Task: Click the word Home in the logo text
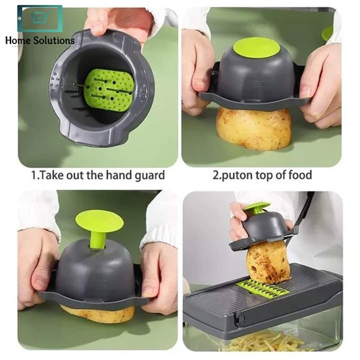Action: coord(17,40)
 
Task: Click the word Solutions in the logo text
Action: coord(54,40)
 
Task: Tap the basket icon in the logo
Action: coord(40,18)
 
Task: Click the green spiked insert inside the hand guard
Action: coord(109,90)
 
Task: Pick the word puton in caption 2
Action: coord(237,176)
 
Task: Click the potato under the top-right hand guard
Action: coord(253,128)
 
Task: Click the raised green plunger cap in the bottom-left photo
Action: coord(100,222)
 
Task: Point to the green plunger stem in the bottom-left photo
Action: coord(97,240)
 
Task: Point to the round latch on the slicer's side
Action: coord(240,318)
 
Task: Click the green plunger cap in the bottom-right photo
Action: coord(257,207)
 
